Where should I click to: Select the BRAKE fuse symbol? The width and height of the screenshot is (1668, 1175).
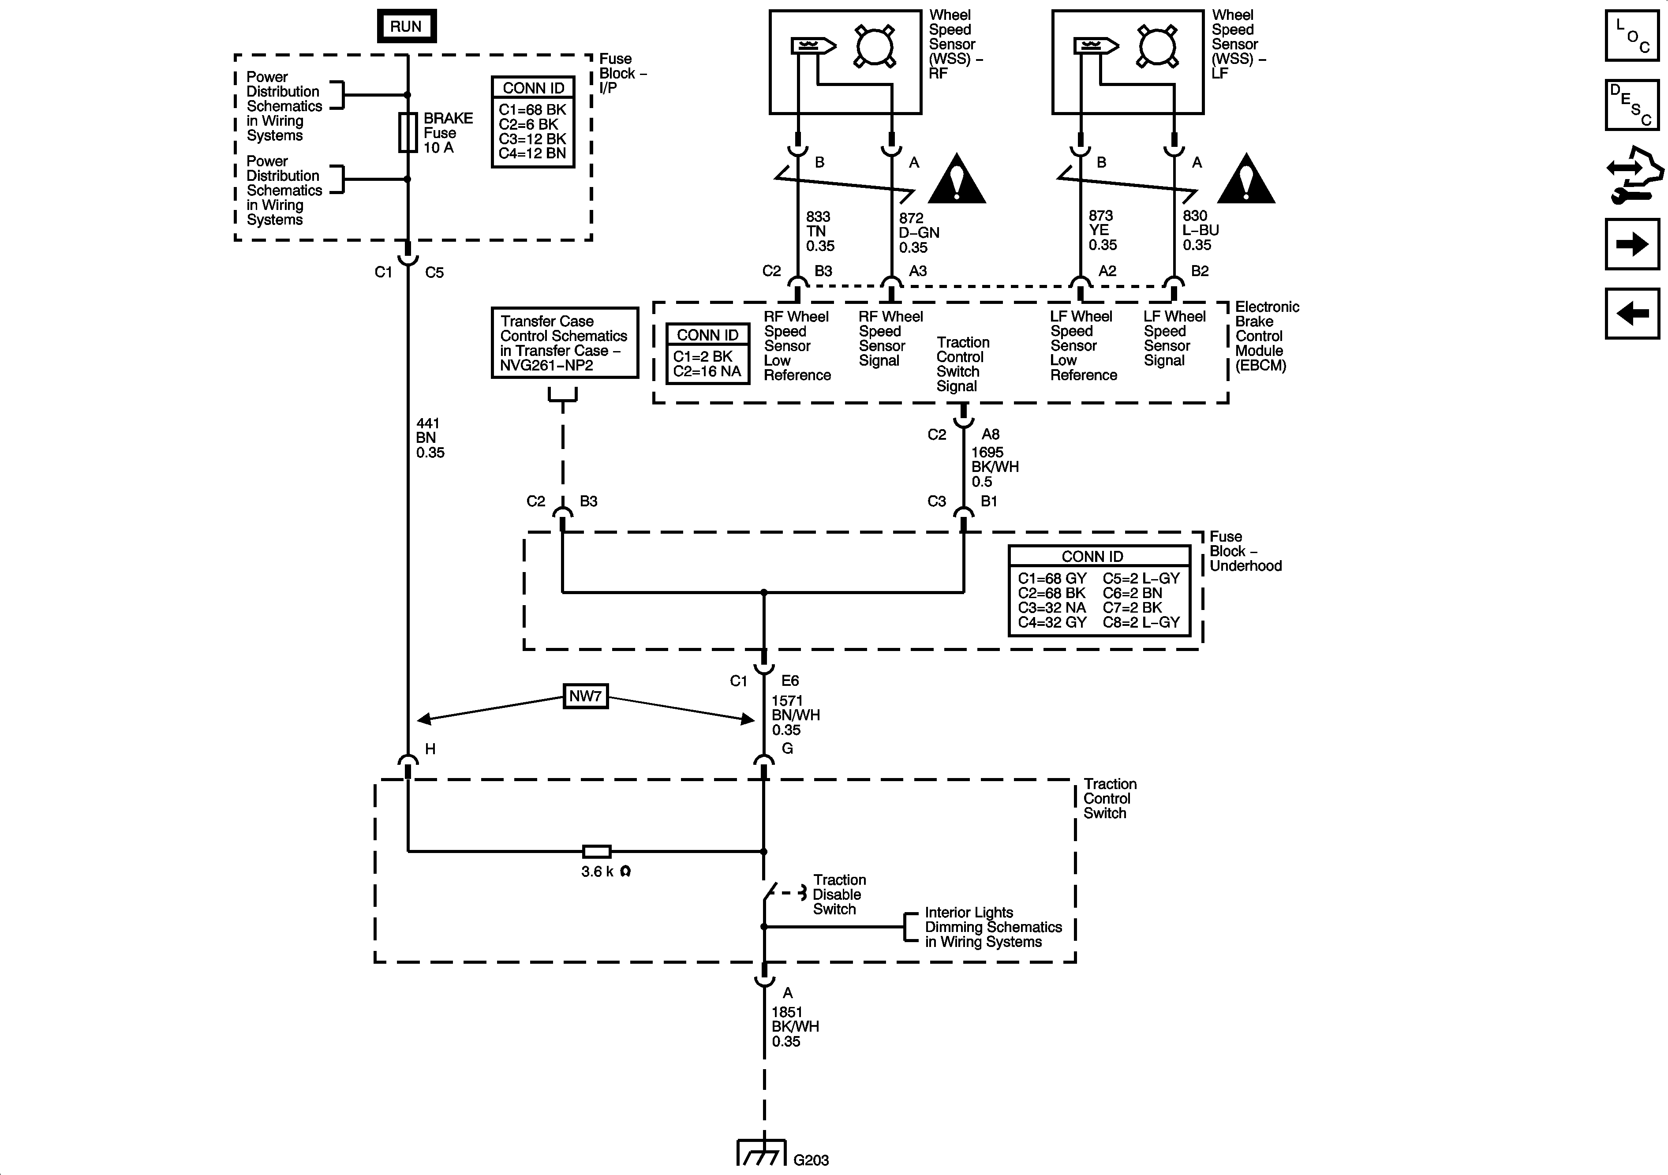[x=408, y=133]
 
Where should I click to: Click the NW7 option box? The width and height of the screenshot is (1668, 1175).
[x=586, y=696]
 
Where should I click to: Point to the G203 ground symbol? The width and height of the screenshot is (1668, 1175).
[x=761, y=1151]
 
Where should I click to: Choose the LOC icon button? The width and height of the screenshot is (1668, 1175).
[x=1632, y=35]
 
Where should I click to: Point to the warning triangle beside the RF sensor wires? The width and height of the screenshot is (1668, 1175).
[x=957, y=179]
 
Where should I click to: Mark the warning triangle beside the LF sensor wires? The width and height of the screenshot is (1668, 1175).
[x=1246, y=179]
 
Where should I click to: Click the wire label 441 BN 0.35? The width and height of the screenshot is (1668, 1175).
[x=430, y=438]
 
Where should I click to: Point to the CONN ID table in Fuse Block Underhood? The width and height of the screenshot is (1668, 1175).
[x=1099, y=591]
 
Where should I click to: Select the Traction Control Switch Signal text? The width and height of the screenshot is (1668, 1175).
[x=963, y=364]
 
